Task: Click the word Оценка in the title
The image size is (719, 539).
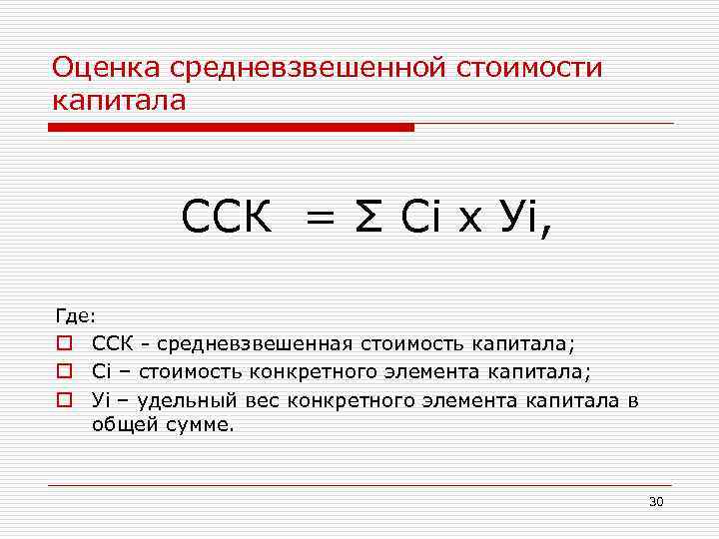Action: pyautogui.click(x=107, y=69)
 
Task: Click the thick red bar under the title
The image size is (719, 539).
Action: pyautogui.click(x=231, y=128)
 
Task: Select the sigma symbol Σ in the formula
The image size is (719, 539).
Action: pyautogui.click(x=365, y=217)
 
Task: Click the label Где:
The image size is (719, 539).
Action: pyautogui.click(x=76, y=316)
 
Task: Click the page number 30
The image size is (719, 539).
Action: pyautogui.click(x=655, y=501)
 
